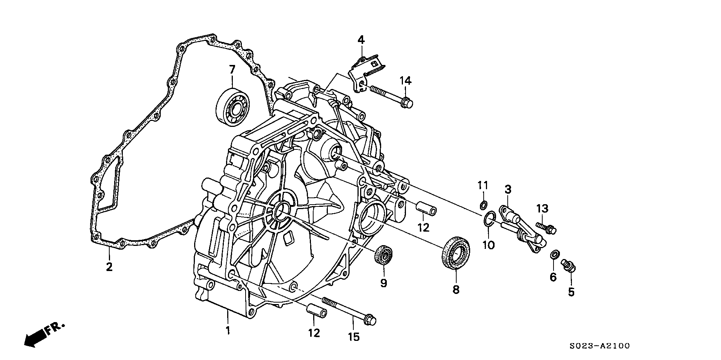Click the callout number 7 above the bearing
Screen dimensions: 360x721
pos(232,70)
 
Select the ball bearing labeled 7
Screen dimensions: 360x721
pos(233,105)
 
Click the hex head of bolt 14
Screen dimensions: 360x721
pos(407,102)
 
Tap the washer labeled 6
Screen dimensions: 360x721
pos(553,255)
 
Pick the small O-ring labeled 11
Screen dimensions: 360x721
pos(484,205)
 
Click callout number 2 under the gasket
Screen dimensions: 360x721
pos(109,267)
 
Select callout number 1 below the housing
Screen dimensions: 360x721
pos(227,331)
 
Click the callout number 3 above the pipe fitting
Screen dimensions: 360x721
pos(508,190)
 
